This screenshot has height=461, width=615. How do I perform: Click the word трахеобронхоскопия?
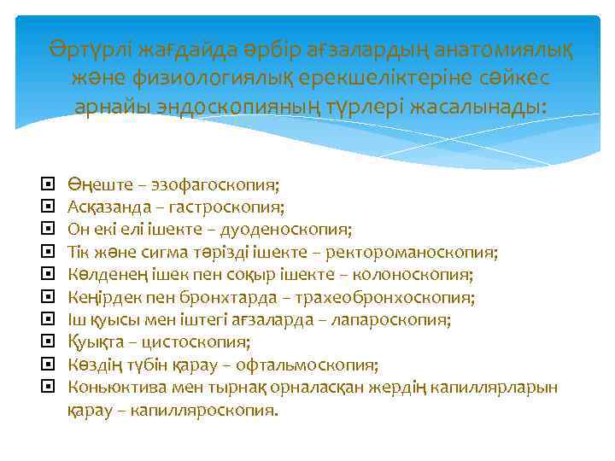click(x=406, y=298)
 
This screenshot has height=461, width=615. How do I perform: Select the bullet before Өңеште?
click(x=48, y=184)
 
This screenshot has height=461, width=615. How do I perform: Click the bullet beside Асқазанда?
click(x=48, y=207)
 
